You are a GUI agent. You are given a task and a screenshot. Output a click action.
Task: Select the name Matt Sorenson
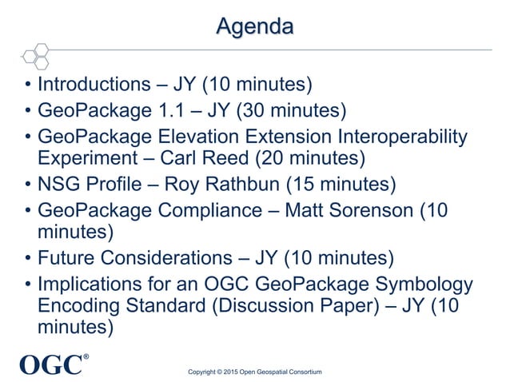point(360,211)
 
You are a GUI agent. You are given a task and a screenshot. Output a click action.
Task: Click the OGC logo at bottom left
point(52,364)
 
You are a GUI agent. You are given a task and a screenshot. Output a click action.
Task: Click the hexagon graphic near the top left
point(36,54)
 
